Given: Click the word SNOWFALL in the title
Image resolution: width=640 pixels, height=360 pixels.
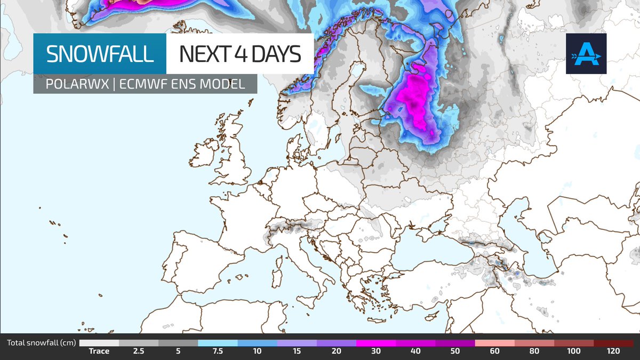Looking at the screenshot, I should tap(100, 54).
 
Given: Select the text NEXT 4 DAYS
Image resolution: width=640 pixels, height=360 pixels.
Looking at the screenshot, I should tap(239, 54).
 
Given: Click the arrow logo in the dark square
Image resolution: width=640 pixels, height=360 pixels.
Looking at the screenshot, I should tap(586, 54).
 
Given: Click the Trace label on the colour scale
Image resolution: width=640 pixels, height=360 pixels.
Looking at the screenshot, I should tap(99, 351).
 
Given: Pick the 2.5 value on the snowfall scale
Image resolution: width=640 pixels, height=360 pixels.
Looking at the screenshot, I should tap(139, 351).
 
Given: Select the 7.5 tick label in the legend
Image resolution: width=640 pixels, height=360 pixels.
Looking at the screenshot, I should tap(218, 351).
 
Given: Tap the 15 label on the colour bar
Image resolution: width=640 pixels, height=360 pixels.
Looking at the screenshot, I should tap(297, 351).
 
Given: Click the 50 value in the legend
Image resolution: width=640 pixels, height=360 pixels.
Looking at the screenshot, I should tap(455, 351).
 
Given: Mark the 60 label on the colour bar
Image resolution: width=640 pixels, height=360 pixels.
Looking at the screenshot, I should tap(494, 351).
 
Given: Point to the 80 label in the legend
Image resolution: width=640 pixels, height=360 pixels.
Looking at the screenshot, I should tap(534, 351).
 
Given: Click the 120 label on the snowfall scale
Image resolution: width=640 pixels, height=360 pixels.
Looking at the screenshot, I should tap(613, 351).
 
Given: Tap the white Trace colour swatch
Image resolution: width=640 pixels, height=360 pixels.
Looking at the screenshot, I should tap(99, 343).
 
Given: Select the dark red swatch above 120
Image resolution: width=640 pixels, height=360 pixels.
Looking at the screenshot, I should tap(613, 343).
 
